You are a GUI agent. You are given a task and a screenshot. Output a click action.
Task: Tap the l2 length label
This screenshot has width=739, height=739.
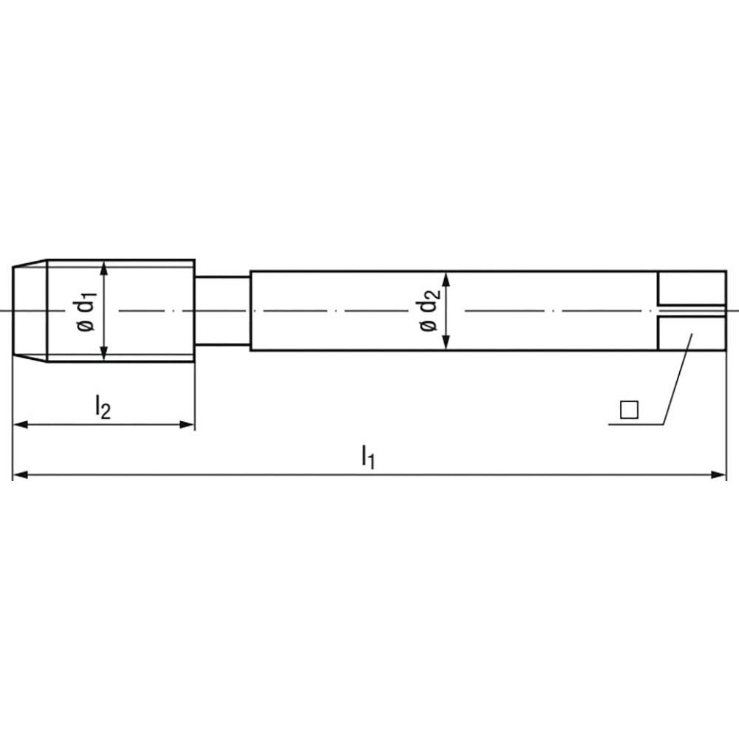point(102,406)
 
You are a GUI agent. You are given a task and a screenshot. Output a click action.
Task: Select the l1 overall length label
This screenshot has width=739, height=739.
point(367,455)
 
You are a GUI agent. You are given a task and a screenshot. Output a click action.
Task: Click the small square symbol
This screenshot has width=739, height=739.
point(629,409)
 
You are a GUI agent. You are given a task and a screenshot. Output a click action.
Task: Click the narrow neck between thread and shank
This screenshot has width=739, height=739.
point(222,311)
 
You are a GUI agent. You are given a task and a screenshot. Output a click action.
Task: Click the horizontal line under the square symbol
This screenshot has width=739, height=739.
point(636,424)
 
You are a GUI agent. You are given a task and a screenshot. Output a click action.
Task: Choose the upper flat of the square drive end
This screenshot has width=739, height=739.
point(692,287)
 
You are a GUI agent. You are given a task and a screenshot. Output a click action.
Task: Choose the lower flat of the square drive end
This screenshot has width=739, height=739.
point(692,333)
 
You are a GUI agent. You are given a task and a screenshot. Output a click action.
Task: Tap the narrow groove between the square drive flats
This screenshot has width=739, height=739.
point(692,310)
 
